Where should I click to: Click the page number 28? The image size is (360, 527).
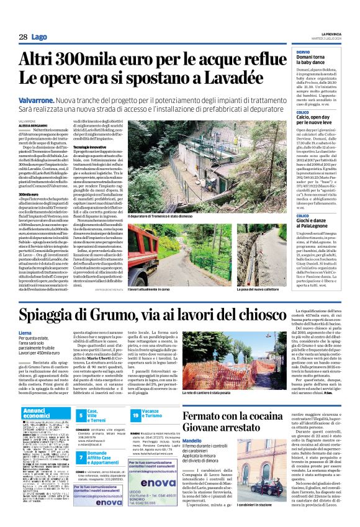[x=22, y=37]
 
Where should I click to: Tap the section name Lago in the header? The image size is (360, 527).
[x=39, y=37]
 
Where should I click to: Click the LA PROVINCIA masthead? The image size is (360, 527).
[x=332, y=34]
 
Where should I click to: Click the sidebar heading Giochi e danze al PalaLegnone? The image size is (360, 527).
[x=319, y=220]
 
